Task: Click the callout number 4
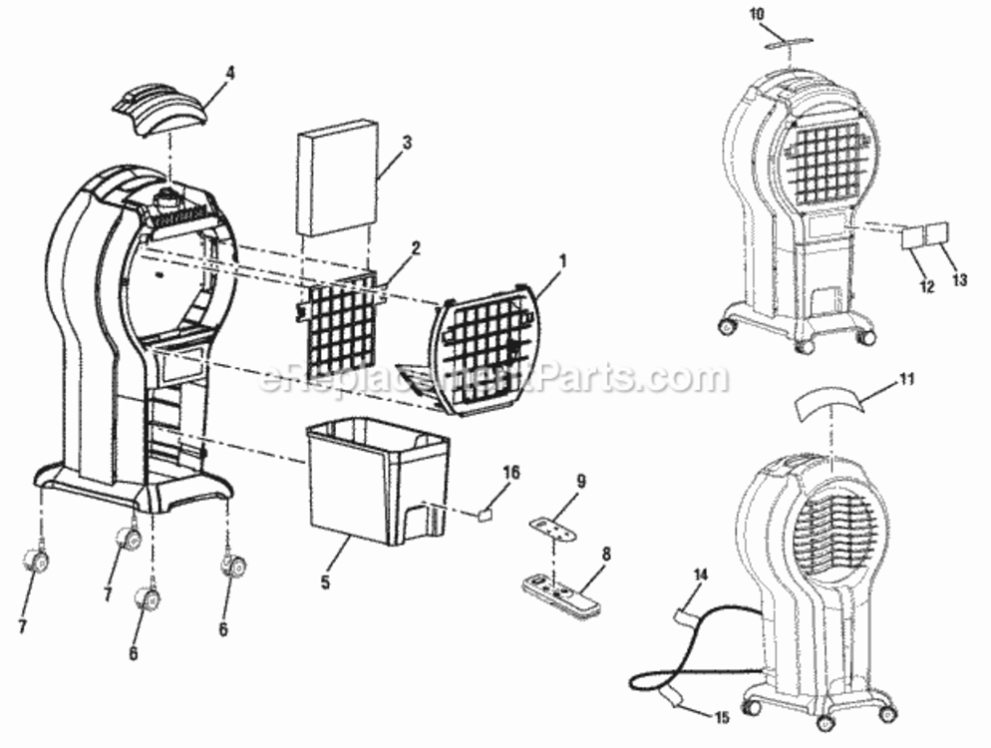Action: pos(230,74)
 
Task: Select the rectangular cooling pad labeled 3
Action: pos(338,177)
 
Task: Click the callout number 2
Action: pos(415,248)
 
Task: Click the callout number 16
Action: pos(511,473)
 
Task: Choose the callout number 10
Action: pos(757,15)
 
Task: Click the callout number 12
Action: pos(927,286)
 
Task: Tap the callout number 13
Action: pos(959,279)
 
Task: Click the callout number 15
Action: pos(722,717)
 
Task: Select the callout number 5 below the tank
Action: pos(325,581)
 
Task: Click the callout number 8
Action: pos(606,555)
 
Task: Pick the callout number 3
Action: pos(407,143)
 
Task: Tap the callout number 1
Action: pos(562,260)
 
